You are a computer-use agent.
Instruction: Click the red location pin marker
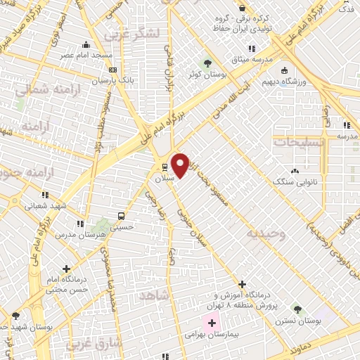tap(180, 165)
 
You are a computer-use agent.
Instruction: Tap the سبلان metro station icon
tap(165, 167)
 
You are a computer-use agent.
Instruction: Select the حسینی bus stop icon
tap(122, 216)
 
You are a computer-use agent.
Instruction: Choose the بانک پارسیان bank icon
tap(112, 70)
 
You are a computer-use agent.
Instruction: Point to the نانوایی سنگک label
tap(294, 181)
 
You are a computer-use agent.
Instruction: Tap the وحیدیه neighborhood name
tap(266, 235)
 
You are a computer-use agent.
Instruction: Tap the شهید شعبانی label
tap(44, 206)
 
